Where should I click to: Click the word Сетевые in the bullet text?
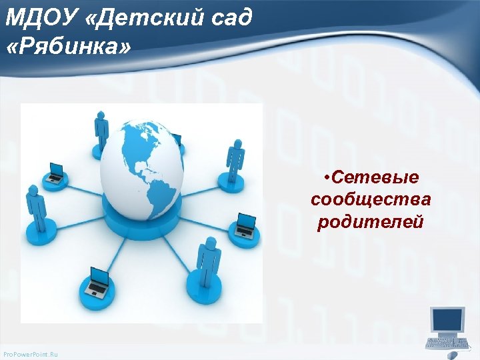(375, 177)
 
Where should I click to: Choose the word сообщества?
(371, 199)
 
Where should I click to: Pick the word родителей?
(371, 221)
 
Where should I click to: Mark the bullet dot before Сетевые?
(325, 178)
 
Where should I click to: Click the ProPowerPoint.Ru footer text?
(31, 353)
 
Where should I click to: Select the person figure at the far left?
(33, 206)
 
